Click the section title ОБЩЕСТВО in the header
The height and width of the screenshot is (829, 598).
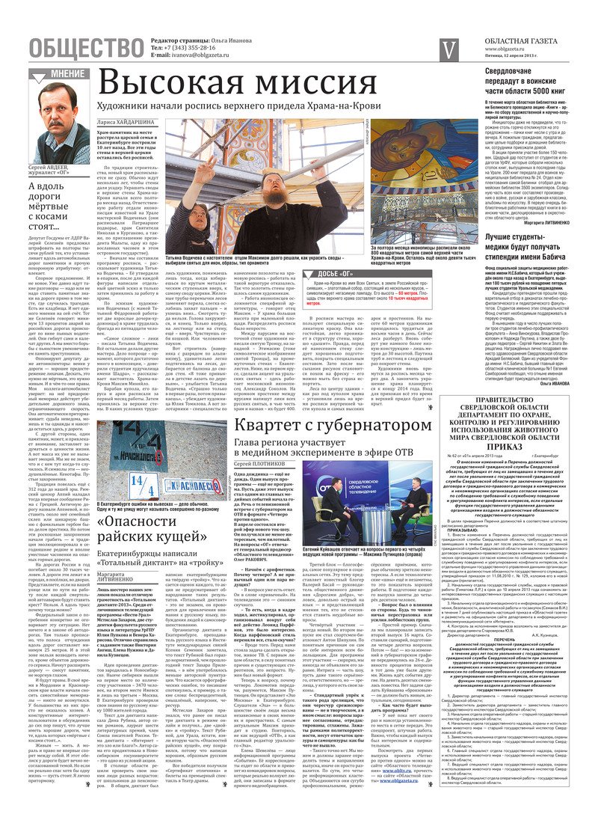(x=86, y=47)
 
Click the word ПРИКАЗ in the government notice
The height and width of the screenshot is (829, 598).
(x=524, y=447)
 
